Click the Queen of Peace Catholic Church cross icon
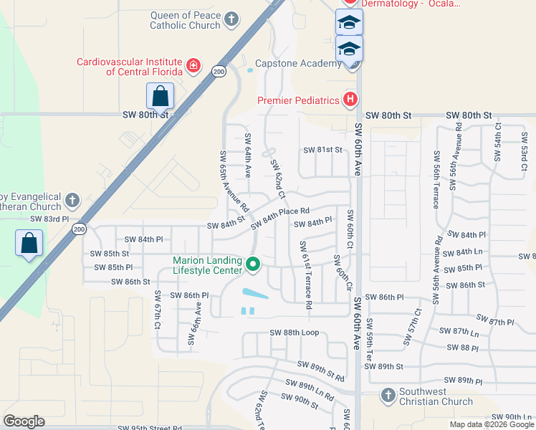[x=231, y=19]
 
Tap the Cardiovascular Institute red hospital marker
[x=193, y=66]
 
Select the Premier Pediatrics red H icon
[x=350, y=100]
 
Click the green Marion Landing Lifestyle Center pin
[x=252, y=265]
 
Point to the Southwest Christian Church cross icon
[x=387, y=395]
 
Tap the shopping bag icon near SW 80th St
[x=160, y=96]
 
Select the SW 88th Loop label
[x=294, y=333]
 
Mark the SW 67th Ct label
[x=156, y=310]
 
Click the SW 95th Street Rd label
[x=153, y=428]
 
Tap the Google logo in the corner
[x=24, y=421]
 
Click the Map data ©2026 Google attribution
[x=492, y=424]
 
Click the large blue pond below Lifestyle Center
[x=255, y=294]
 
